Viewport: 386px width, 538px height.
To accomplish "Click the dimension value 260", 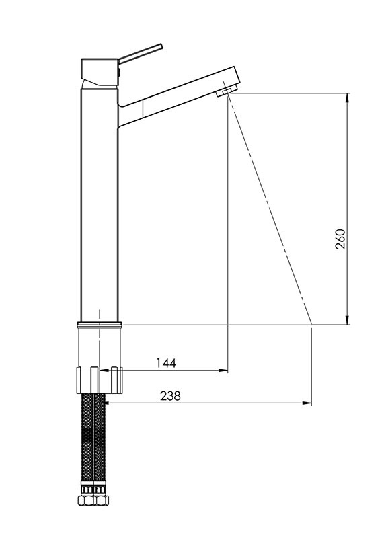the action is tap(340, 239).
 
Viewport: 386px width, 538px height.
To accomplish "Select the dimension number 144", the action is tap(166, 363).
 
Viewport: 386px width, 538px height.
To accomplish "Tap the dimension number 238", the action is tap(170, 396).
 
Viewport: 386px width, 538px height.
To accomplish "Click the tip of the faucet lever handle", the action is tap(161, 46).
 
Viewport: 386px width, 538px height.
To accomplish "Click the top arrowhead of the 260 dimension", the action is tap(347, 98).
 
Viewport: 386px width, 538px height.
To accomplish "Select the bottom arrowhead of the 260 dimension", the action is tap(347, 320).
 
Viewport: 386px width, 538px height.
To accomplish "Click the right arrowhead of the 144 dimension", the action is tap(224, 371).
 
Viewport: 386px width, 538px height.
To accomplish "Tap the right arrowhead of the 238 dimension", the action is tap(307, 403).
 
